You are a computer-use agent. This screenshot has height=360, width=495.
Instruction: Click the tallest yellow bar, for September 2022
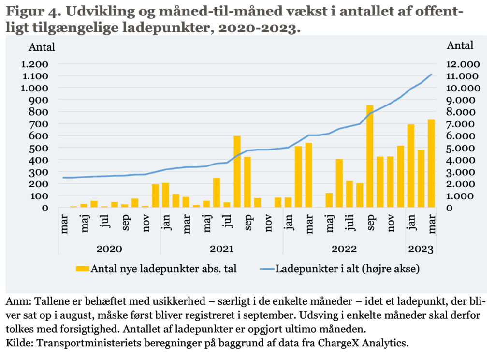click(370, 156)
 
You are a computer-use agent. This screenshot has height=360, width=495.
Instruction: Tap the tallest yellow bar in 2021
click(237, 172)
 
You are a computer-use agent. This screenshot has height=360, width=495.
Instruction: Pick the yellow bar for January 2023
click(411, 166)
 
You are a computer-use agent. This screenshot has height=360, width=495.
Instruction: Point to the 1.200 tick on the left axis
click(34, 64)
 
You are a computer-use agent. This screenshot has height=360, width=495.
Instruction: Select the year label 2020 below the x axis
click(109, 249)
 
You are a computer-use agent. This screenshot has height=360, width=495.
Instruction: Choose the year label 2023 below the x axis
click(421, 249)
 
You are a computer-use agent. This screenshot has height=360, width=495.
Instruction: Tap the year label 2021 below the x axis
click(221, 249)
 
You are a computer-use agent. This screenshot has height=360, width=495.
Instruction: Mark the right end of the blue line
click(431, 75)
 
